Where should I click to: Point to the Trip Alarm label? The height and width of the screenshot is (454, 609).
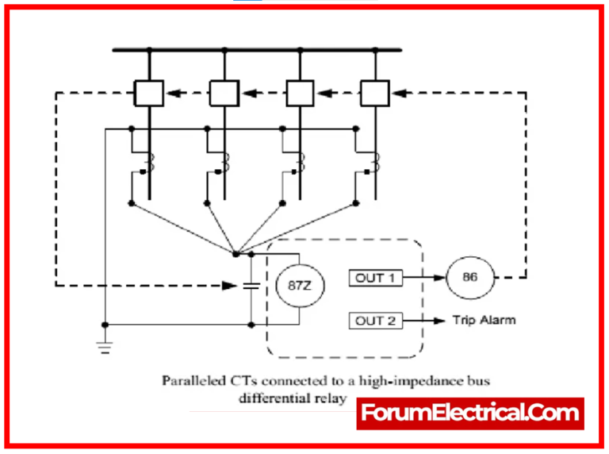(x=484, y=321)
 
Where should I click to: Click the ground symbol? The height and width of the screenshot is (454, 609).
(x=105, y=347)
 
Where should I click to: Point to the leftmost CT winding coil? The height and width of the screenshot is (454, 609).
(x=151, y=163)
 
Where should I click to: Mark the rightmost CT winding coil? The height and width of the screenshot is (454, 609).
(x=376, y=163)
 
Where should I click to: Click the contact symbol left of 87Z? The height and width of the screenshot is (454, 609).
(x=251, y=286)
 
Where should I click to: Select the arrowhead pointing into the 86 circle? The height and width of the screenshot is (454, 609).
(x=439, y=278)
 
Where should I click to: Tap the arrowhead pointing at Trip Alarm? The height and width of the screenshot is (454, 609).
(x=439, y=321)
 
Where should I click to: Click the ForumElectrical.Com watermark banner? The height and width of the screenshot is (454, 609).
(x=470, y=414)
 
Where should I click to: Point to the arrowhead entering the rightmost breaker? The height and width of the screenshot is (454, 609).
(x=399, y=94)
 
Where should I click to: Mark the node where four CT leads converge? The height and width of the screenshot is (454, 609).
(x=236, y=254)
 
